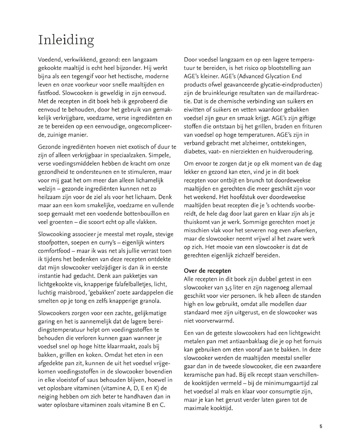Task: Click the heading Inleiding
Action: tap(66, 40)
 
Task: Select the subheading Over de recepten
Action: tap(207, 271)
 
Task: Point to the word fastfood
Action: tap(49, 93)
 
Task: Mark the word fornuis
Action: tap(311, 341)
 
